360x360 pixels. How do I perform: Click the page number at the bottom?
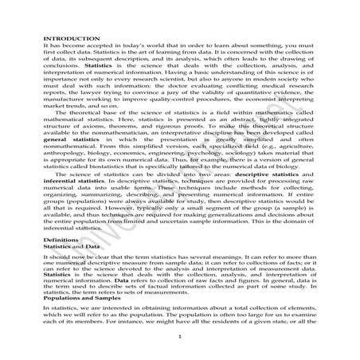point(180,337)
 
